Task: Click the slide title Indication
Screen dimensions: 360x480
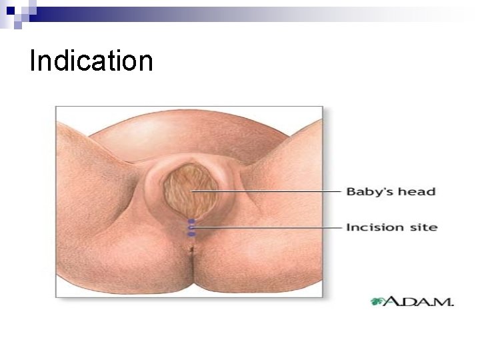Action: tap(91, 61)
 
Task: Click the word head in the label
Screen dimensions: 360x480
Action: tap(417, 192)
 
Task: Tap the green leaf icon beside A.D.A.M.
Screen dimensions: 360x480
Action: tap(377, 301)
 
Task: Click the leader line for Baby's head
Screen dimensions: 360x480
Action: tap(267, 192)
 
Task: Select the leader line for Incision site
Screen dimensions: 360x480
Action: tap(267, 227)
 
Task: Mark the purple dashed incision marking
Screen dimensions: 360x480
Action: tap(191, 227)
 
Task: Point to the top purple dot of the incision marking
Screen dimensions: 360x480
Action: tap(191, 221)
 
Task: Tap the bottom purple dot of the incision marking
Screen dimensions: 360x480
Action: tap(191, 234)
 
